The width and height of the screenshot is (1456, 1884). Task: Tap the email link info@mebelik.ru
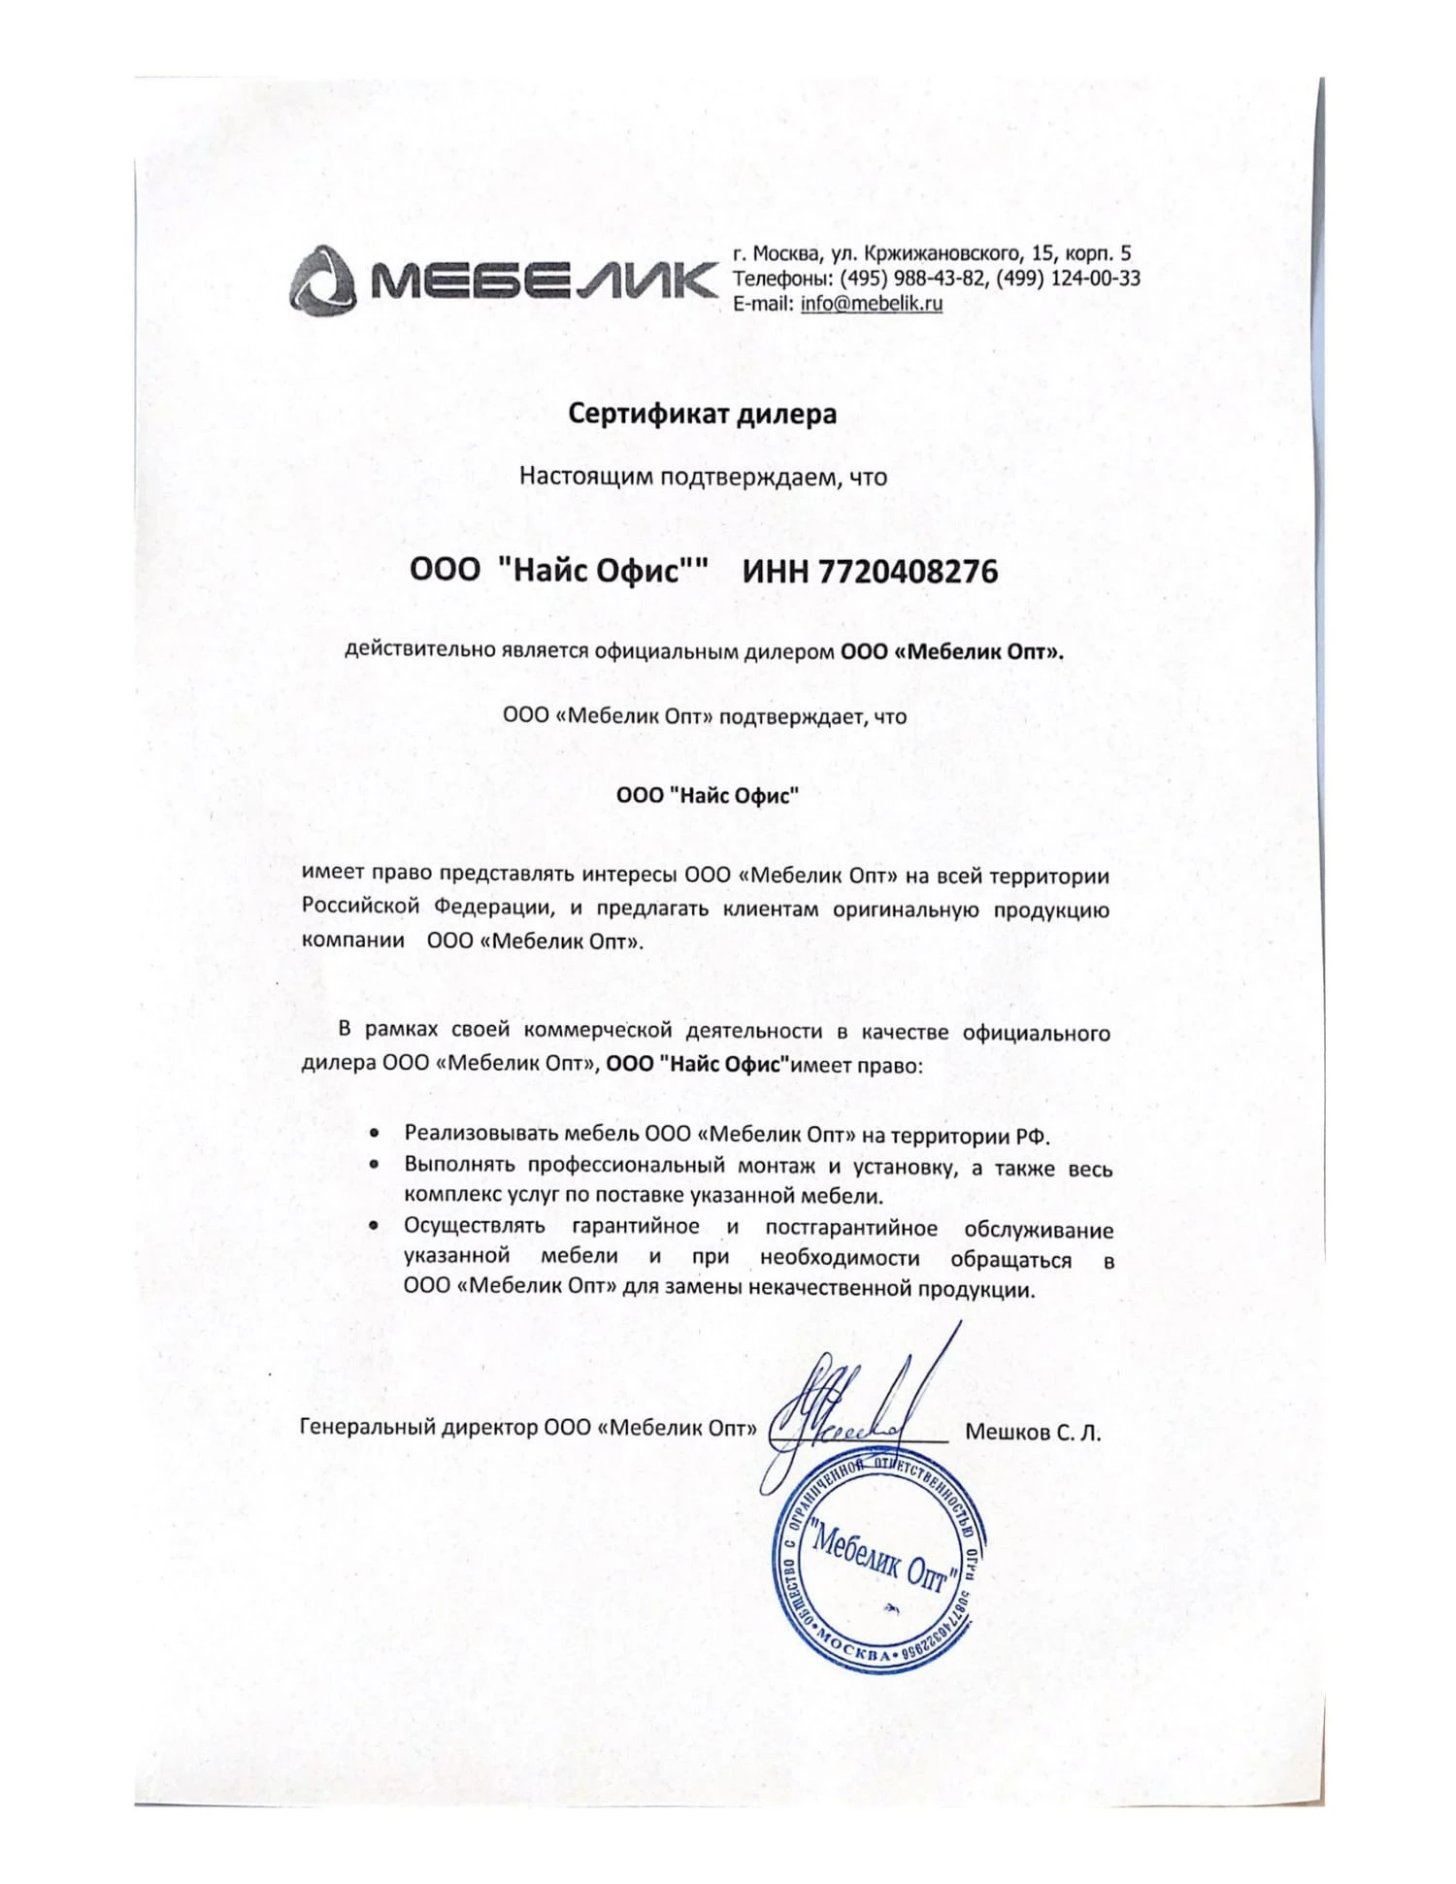pos(872,303)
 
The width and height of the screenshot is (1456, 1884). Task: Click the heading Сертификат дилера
pos(702,414)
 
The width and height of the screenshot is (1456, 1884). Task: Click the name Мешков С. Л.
pos(1033,1433)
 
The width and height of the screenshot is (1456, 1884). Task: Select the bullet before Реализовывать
pos(375,1134)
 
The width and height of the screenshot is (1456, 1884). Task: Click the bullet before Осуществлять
pos(375,1227)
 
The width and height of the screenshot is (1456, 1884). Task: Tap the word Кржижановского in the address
pos(941,254)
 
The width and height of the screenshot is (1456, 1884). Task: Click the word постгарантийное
pos(851,1229)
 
